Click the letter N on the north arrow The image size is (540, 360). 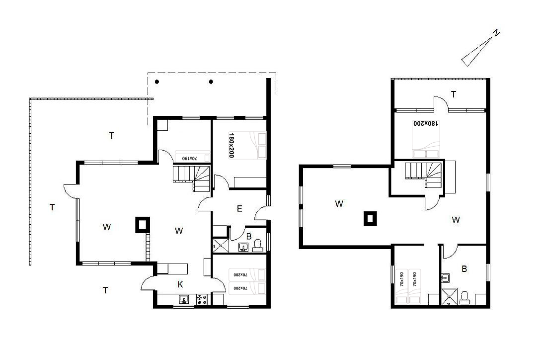tap(496, 33)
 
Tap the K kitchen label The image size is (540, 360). tap(180, 284)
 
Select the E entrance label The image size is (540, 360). tap(239, 209)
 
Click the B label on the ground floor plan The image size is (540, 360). tap(249, 237)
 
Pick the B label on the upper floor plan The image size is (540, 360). tap(464, 269)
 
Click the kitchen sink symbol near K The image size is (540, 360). tap(184, 299)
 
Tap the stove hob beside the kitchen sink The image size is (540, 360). tap(202, 299)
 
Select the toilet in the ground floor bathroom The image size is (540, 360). tap(257, 245)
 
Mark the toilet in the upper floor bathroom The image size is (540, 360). tap(464, 298)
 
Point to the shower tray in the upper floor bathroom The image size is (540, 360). tap(450, 297)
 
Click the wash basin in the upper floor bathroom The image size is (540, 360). tap(445, 277)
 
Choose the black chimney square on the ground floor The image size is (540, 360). tap(143, 225)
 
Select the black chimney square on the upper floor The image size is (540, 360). tap(370, 219)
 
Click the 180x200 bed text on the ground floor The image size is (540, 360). tap(231, 145)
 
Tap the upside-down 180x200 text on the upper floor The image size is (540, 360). tap(426, 123)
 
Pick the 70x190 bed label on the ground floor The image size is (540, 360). tap(189, 158)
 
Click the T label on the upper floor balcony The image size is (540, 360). tap(454, 94)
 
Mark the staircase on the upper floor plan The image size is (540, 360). tap(423, 175)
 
